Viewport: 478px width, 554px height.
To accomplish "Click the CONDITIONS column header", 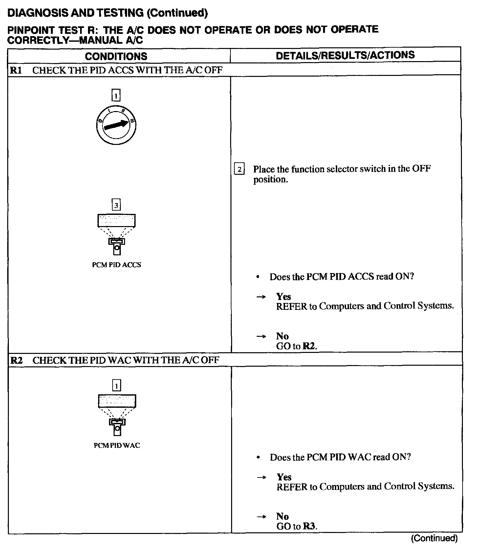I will coord(116,56).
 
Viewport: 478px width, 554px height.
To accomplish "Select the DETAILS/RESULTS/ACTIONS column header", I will coord(345,55).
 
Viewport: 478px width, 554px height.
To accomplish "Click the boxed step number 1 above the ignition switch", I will coord(116,96).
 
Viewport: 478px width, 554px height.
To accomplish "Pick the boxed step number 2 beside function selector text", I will coord(239,169).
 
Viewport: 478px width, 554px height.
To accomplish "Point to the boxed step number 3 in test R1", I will coord(116,205).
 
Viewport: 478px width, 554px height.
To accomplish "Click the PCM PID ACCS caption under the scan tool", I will coord(117,265).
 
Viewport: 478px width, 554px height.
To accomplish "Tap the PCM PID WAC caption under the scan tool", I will coord(117,446).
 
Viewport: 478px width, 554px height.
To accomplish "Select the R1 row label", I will coord(16,70).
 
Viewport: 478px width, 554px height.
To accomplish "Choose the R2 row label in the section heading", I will coord(16,360).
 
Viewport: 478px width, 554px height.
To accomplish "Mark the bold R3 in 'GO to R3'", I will coord(309,526).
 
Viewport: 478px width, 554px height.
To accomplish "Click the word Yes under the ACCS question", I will coord(284,297).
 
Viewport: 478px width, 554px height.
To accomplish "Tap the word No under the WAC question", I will coord(282,517).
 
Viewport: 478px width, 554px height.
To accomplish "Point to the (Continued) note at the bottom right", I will coord(434,538).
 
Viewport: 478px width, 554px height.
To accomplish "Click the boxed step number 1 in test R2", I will coord(117,385).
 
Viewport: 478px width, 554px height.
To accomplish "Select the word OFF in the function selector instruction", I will coord(421,169).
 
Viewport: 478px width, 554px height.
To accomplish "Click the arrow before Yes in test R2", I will coord(261,477).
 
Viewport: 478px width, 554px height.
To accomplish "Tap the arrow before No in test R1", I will coord(261,336).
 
